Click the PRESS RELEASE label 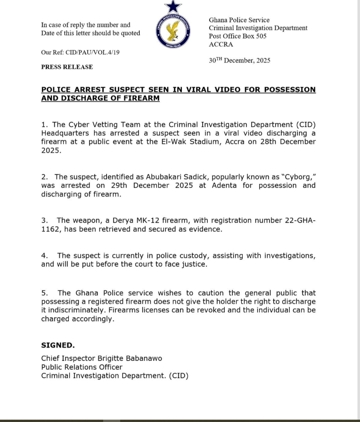67,67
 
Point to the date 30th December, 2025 239,60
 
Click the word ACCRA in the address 221,44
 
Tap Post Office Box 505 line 237,36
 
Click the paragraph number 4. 44,256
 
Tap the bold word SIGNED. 57,345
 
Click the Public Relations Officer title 82,367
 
